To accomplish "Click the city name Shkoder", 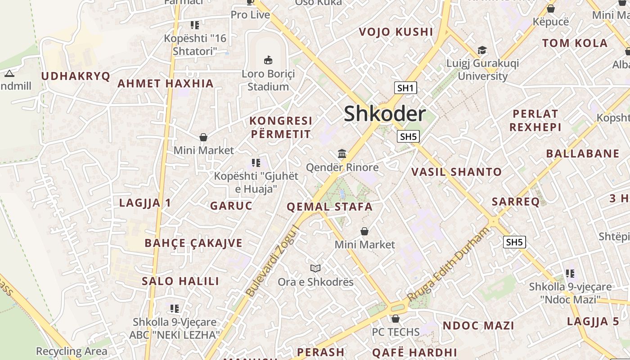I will click(x=384, y=113).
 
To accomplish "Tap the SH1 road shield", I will click(x=405, y=88).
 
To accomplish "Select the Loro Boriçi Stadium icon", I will click(x=268, y=59).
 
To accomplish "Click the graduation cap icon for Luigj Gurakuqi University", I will click(x=482, y=50).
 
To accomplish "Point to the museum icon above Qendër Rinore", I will click(x=342, y=154).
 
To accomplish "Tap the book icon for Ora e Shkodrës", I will click(x=315, y=269).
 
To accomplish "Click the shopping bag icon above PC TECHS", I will click(x=395, y=319).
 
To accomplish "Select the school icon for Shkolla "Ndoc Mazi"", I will click(x=570, y=273).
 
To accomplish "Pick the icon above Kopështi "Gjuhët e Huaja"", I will click(x=256, y=162).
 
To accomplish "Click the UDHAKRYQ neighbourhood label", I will click(x=76, y=76).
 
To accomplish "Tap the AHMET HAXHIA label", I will click(x=165, y=83).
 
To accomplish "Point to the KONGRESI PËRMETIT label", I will click(x=281, y=127).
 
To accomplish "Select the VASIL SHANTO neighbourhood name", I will click(x=456, y=171).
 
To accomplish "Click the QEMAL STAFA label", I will click(x=330, y=207).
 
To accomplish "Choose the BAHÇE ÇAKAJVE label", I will click(x=193, y=243).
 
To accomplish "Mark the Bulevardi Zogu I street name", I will click(x=273, y=261).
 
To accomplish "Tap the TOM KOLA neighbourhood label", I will click(x=575, y=43).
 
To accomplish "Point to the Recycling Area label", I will click(x=72, y=351).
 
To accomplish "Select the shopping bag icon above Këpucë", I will click(x=550, y=9).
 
